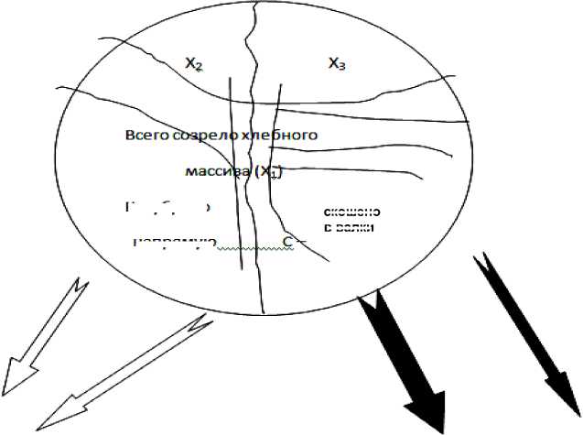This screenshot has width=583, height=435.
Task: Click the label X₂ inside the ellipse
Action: click(x=193, y=64)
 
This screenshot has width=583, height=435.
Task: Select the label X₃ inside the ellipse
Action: click(x=338, y=63)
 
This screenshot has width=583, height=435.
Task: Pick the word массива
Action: click(x=214, y=171)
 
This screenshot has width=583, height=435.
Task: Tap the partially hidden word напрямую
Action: click(x=174, y=243)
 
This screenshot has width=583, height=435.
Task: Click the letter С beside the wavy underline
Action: click(x=287, y=242)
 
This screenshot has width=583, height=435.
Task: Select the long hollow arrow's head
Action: click(x=55, y=411)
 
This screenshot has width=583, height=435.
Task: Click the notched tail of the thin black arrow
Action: click(x=480, y=265)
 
